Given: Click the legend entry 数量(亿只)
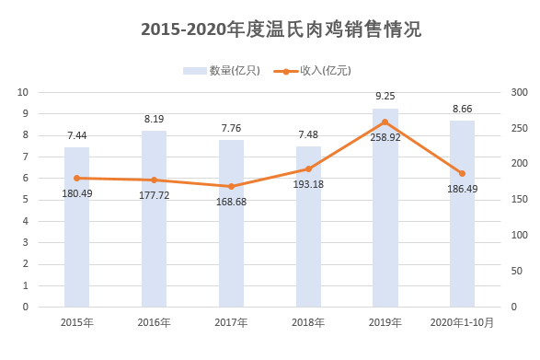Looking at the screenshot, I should point(221,70).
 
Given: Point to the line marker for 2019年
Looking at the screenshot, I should point(385,122).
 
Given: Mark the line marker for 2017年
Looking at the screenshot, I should point(231,186).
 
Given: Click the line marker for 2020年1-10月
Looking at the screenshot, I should point(463,173).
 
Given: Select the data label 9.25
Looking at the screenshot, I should point(385,96).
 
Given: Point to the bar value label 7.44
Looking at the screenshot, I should point(77,135).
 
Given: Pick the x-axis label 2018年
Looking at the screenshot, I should point(308,322).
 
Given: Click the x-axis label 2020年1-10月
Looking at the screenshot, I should point(463,322).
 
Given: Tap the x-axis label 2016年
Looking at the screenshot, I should point(154,322).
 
